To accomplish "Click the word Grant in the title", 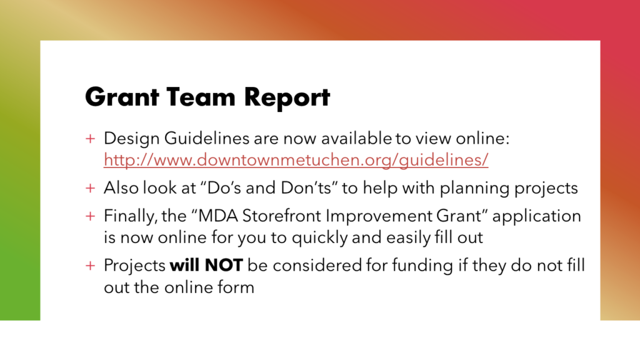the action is [x=122, y=97].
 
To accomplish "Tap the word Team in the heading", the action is [x=201, y=97].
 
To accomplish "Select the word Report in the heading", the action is [x=287, y=98].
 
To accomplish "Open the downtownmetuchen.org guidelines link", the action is [x=296, y=159].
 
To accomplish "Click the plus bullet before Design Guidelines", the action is [x=90, y=139].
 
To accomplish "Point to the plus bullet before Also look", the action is [x=90, y=188].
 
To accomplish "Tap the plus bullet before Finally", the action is [x=90, y=216].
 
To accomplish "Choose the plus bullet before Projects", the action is [x=90, y=266].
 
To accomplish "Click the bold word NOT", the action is [x=224, y=266].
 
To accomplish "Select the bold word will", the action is [x=185, y=265].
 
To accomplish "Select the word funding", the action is [x=422, y=266].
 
